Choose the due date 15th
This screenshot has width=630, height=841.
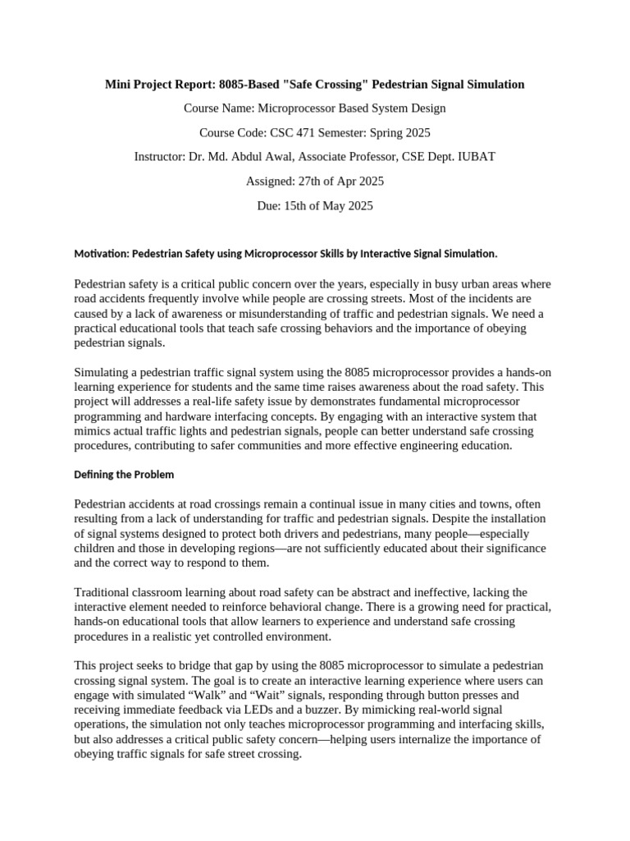[298, 205]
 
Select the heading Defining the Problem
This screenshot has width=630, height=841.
[124, 475]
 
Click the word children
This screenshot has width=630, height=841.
[95, 548]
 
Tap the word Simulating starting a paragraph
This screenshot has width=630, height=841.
[103, 372]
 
